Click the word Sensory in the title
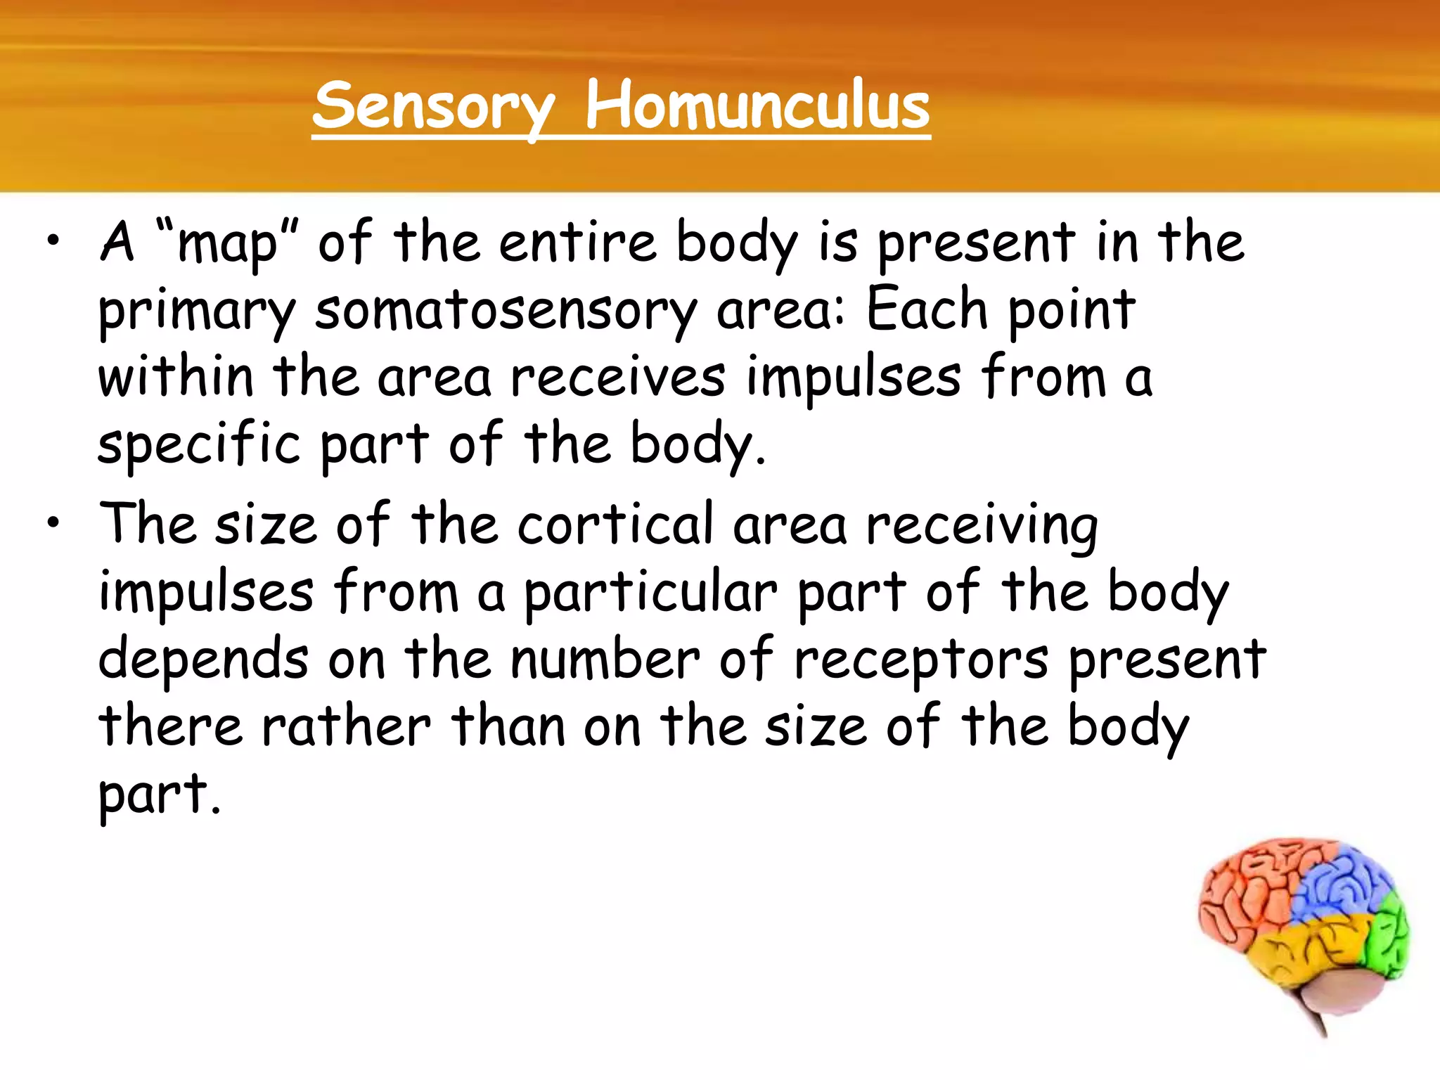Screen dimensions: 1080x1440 (434, 107)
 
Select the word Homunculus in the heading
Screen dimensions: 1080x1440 (757, 107)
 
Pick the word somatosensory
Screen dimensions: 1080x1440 (506, 311)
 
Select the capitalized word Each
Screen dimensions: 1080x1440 (927, 309)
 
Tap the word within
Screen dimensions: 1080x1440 (175, 378)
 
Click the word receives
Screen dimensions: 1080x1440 (617, 378)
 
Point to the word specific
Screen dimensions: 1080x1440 (199, 445)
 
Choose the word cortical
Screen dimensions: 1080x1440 (615, 525)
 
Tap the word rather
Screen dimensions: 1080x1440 (346, 727)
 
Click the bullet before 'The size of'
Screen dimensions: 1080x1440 (53, 524)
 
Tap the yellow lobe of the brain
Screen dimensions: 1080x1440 (1301, 949)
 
